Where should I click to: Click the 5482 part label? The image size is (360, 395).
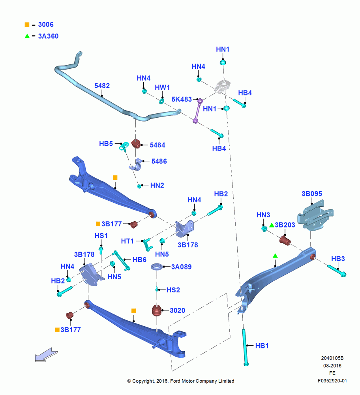pyautogui.click(x=102, y=86)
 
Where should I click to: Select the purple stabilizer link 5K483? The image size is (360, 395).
pyautogui.click(x=198, y=111)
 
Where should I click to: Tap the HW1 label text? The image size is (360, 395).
pyautogui.click(x=162, y=87)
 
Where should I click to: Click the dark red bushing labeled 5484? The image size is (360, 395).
pyautogui.click(x=136, y=144)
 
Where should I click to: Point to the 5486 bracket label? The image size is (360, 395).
pyautogui.click(x=159, y=161)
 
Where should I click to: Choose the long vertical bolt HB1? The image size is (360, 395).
pyautogui.click(x=245, y=347)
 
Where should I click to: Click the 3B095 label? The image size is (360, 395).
pyautogui.click(x=312, y=194)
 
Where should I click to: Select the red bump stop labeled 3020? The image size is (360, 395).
pyautogui.click(x=157, y=310)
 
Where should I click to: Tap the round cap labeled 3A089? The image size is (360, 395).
pyautogui.click(x=157, y=267)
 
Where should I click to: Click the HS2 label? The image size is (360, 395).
pyautogui.click(x=173, y=290)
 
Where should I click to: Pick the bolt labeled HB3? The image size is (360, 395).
pyautogui.click(x=337, y=271)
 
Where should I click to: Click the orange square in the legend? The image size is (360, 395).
pyautogui.click(x=27, y=24)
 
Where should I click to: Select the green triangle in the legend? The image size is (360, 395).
pyautogui.click(x=27, y=36)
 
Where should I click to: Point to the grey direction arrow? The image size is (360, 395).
pyautogui.click(x=46, y=355)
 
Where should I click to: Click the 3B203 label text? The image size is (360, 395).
pyautogui.click(x=285, y=225)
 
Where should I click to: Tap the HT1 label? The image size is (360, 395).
pyautogui.click(x=127, y=241)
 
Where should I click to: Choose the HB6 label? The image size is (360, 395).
pyautogui.click(x=139, y=260)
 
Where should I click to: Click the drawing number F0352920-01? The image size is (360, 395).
pyautogui.click(x=332, y=381)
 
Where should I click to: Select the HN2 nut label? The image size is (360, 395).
pyautogui.click(x=157, y=185)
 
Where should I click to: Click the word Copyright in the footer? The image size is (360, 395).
pyautogui.click(x=143, y=381)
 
